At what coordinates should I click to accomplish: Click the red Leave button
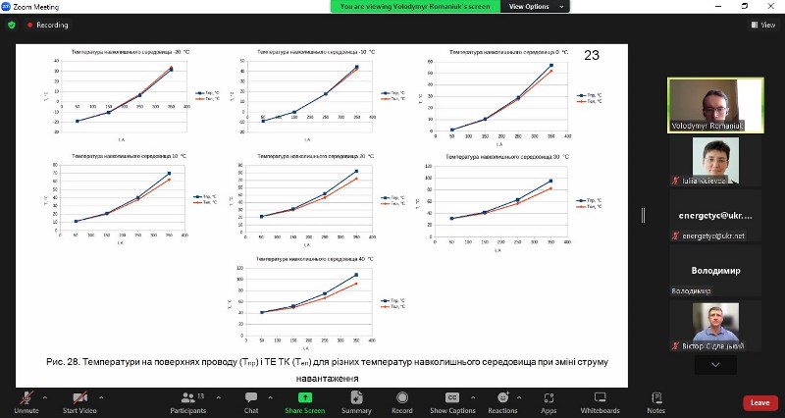[759, 402]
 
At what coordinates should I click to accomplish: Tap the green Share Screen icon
[305, 397]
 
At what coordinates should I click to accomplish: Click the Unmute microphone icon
[26, 397]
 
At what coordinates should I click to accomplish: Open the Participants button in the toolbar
[186, 397]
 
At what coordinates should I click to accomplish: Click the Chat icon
[251, 397]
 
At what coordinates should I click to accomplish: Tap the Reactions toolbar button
[502, 397]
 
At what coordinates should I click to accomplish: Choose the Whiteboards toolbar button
[600, 397]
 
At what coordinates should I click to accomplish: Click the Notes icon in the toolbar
[656, 397]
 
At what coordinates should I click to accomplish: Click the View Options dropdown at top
[534, 6]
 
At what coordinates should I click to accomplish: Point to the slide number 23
[592, 55]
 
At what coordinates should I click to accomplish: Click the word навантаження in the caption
[329, 378]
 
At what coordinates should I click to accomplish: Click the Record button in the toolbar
[402, 397]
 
